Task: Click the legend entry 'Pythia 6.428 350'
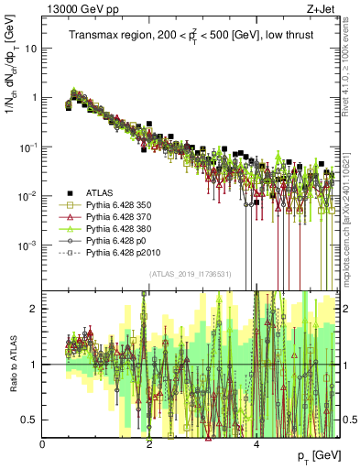[121, 207]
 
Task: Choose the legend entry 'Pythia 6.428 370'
[121, 221]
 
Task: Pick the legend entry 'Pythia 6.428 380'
[121, 234]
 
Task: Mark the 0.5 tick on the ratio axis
[31, 420]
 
